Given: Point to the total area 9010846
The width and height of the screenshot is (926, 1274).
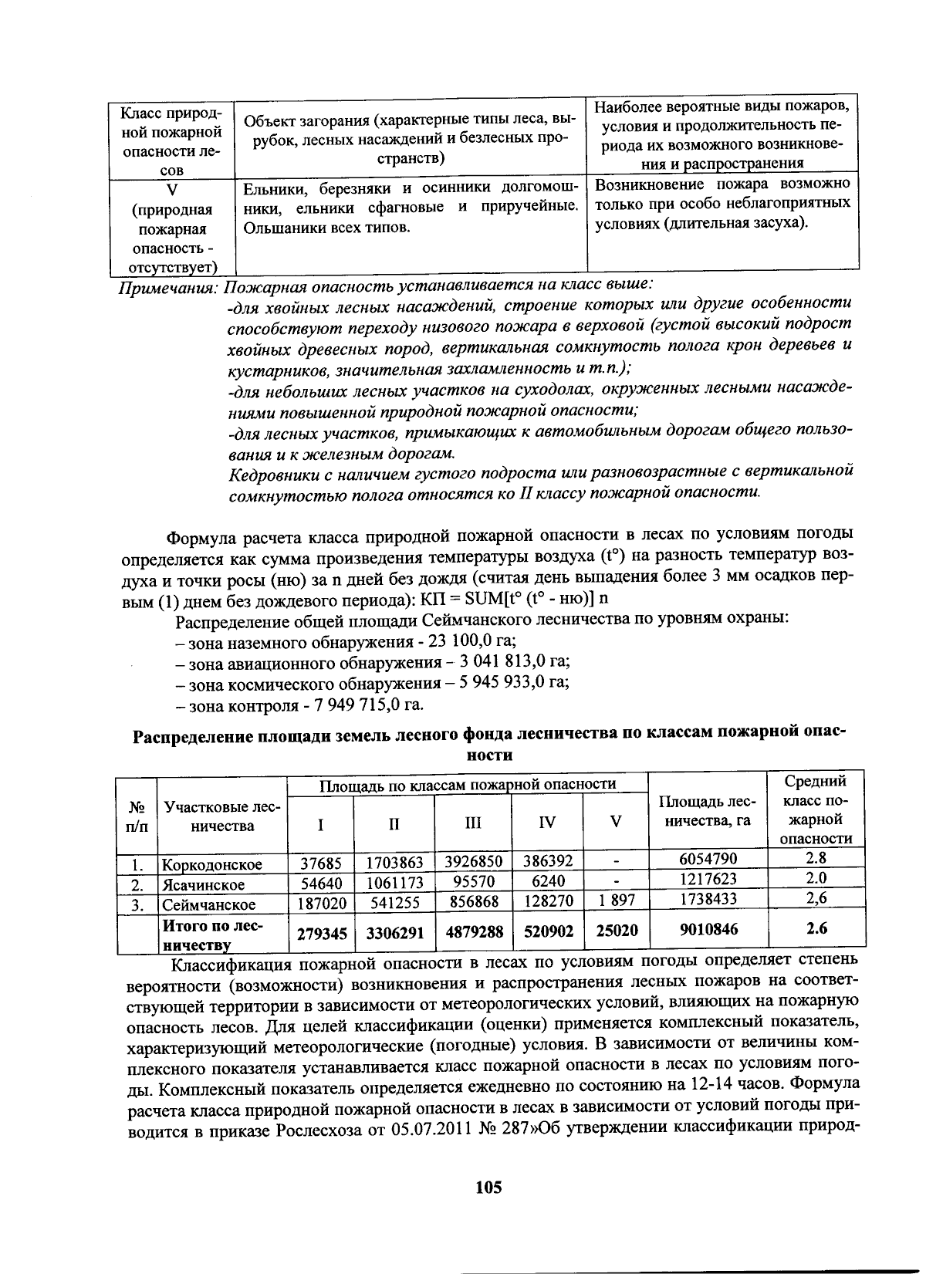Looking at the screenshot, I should pyautogui.click(x=708, y=929).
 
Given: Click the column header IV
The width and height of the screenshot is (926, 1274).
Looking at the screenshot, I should pyautogui.click(x=546, y=823).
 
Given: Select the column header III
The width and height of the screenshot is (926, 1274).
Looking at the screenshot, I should pyautogui.click(x=473, y=823).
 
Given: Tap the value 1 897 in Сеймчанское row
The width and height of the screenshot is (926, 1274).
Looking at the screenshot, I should pyautogui.click(x=616, y=901).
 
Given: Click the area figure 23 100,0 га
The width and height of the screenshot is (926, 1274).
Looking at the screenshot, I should pyautogui.click(x=471, y=641).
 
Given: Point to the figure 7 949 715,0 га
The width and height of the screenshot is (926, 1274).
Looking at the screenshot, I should pyautogui.click(x=366, y=705).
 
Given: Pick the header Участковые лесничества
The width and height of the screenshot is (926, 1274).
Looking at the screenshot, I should pyautogui.click(x=222, y=816).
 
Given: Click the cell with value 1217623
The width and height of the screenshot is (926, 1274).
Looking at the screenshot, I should pyautogui.click(x=708, y=879).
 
